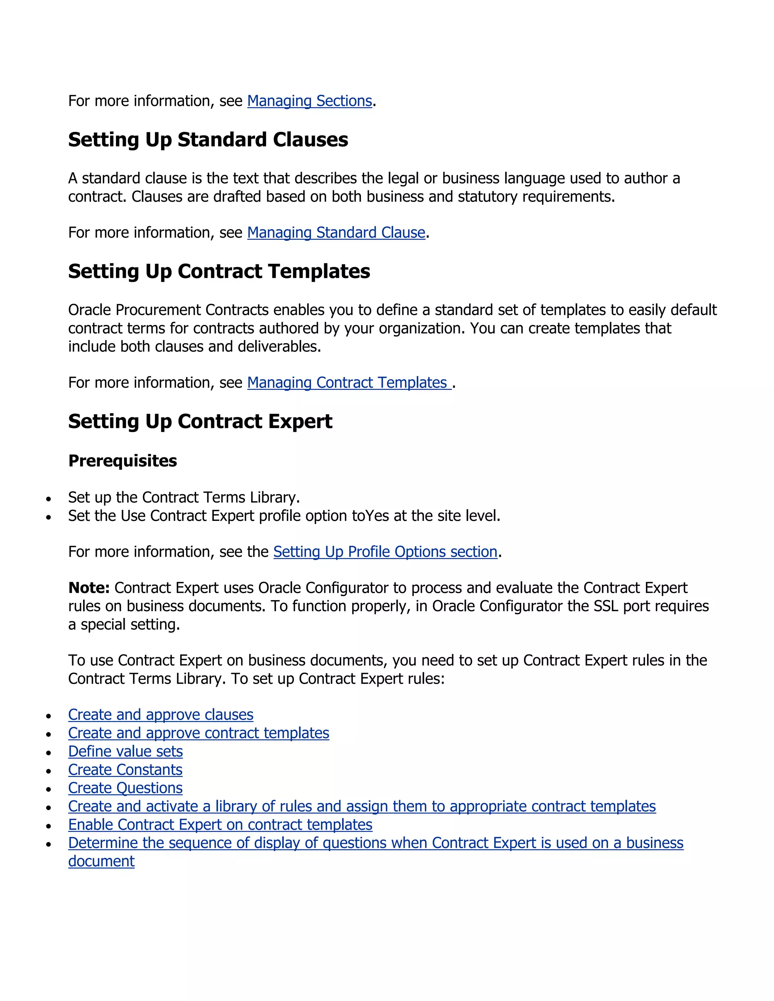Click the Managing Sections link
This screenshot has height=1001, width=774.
310,101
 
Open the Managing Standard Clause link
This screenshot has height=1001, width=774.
336,232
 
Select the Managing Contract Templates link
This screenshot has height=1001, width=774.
349,382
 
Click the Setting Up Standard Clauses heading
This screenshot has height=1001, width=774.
208,139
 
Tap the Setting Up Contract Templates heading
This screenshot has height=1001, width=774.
219,271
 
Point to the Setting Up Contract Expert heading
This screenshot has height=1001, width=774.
200,421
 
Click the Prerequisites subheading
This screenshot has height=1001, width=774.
122,460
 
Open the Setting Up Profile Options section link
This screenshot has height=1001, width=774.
385,551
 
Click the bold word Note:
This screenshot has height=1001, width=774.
89,588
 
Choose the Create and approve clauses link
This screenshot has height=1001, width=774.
161,715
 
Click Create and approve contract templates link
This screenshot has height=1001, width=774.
198,733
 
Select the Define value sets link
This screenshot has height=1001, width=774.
125,751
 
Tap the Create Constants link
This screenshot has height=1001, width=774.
125,769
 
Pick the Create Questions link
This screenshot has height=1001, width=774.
125,788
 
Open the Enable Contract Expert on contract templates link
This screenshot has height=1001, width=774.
220,825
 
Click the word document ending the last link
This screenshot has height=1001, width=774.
101,861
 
